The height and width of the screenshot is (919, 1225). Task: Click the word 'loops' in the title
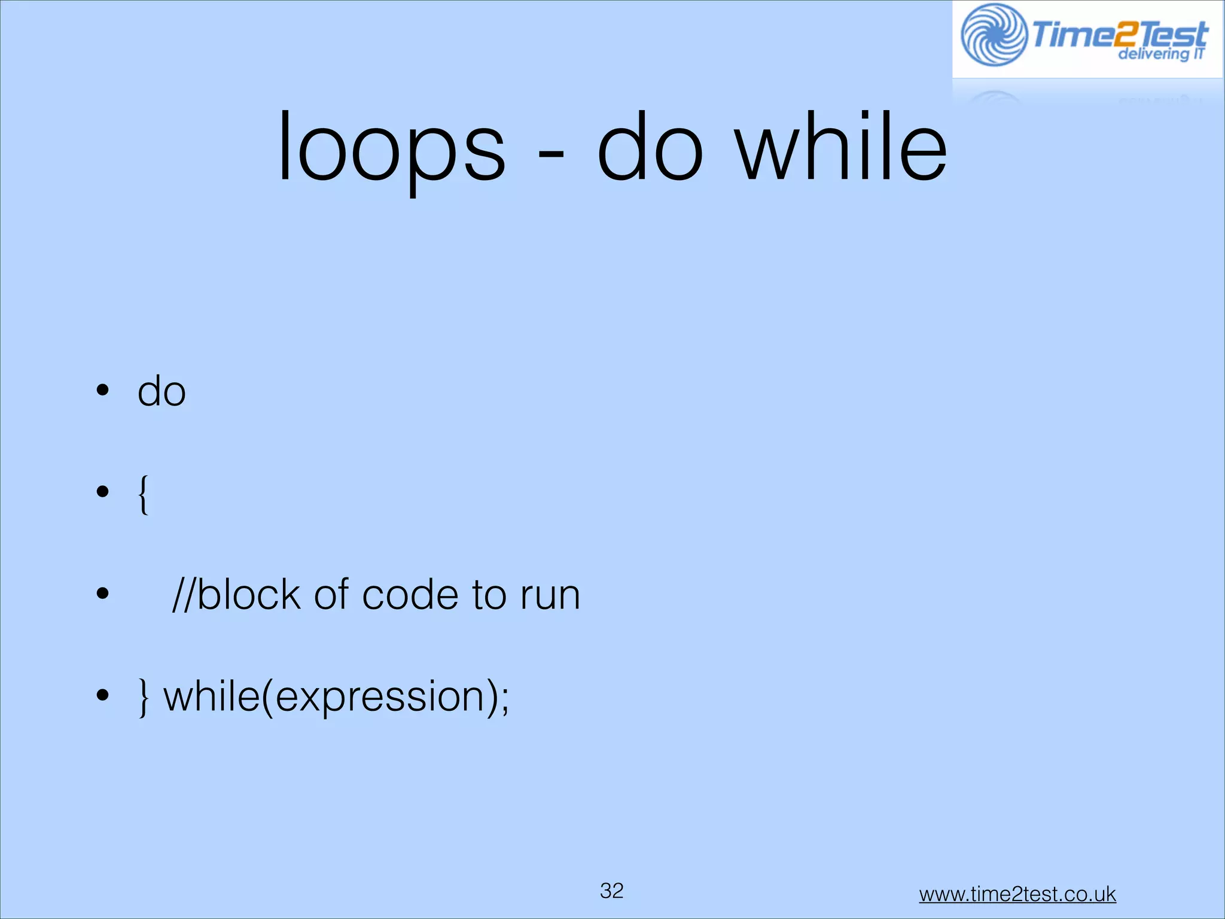click(x=392, y=148)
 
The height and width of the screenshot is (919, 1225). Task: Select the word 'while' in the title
click(x=842, y=146)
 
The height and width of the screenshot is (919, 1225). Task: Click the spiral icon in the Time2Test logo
click(x=994, y=35)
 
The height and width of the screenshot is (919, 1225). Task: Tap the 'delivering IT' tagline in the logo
click(x=1161, y=54)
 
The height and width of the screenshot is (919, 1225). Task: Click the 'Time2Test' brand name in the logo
click(x=1119, y=33)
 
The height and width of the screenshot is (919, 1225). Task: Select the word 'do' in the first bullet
click(x=161, y=391)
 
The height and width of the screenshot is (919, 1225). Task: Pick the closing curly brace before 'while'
click(x=143, y=698)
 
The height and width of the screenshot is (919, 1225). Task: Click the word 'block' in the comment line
click(x=248, y=595)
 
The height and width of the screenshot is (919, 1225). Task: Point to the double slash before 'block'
click(x=183, y=595)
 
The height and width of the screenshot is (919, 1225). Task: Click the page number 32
click(x=611, y=891)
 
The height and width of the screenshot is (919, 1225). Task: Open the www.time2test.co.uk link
click(x=1017, y=894)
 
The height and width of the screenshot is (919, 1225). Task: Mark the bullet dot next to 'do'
click(x=103, y=390)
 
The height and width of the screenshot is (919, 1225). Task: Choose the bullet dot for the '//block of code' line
click(x=103, y=594)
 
